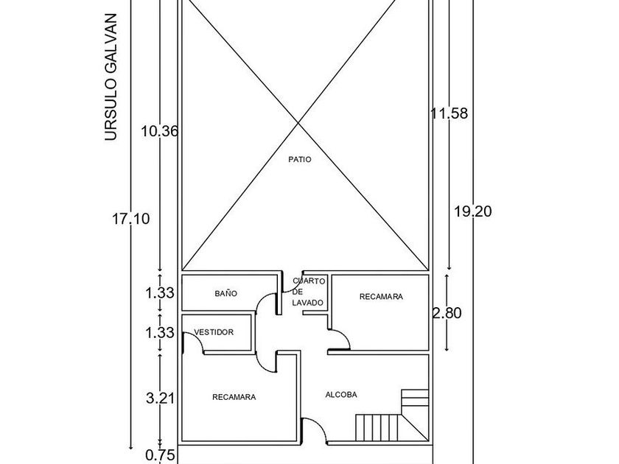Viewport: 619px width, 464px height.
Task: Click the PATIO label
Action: click(300, 159)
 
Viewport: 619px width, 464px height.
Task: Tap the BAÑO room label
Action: click(226, 293)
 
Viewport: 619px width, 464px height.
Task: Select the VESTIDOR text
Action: click(214, 332)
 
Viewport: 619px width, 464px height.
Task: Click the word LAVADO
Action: click(307, 303)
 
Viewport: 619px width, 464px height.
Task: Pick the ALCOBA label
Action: click(341, 395)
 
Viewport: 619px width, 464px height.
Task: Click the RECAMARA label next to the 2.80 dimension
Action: click(381, 296)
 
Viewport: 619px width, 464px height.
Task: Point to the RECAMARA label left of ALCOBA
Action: click(234, 397)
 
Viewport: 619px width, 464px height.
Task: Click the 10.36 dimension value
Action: click(160, 131)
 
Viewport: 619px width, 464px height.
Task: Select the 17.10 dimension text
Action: click(131, 218)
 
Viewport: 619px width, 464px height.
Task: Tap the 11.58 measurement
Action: click(449, 113)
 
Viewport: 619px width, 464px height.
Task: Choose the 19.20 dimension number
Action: click(473, 211)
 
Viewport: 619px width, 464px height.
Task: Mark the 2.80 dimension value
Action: click(447, 313)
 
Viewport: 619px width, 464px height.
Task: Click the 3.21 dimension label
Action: click(160, 398)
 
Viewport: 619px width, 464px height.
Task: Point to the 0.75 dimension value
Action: click(160, 455)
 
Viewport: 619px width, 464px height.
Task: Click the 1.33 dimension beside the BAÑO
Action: click(160, 293)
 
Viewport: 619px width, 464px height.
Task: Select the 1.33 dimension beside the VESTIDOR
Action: click(160, 333)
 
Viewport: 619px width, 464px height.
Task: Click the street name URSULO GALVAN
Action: click(111, 77)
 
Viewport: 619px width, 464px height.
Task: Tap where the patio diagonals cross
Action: click(298, 124)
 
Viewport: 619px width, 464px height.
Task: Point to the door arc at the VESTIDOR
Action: click(198, 338)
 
